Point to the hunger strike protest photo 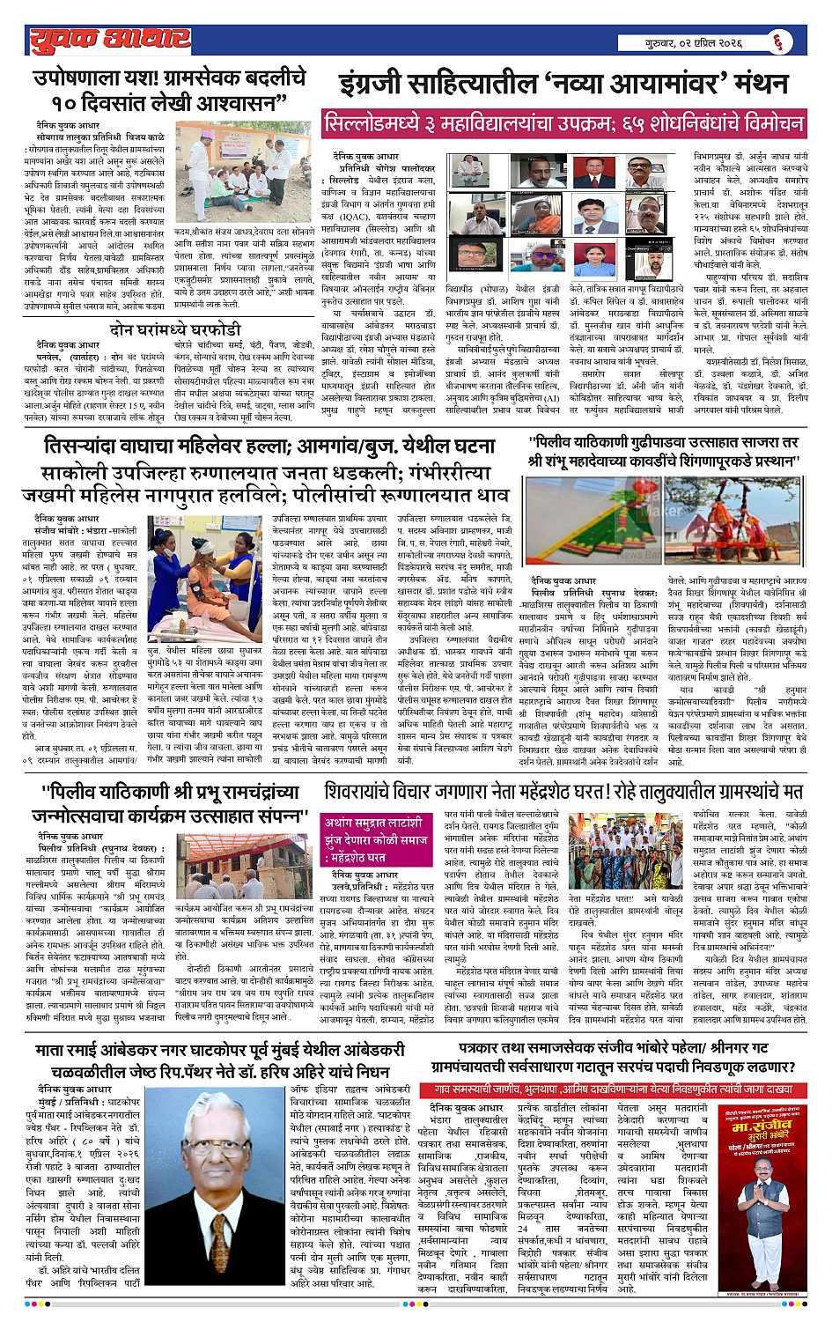click(x=234, y=169)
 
